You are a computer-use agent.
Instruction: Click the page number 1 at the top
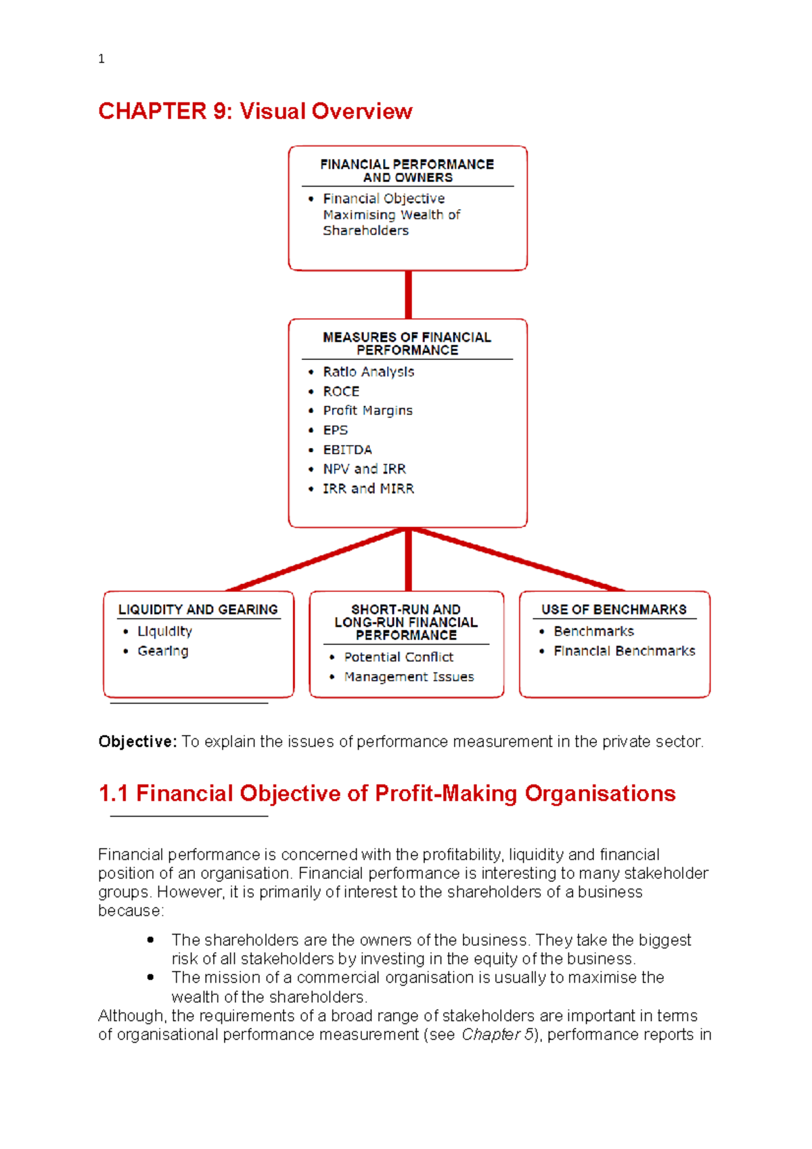pos(101,59)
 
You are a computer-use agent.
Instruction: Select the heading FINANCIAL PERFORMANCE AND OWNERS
pos(407,171)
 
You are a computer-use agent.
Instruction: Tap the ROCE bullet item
pos(341,391)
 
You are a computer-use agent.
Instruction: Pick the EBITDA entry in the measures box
pos(347,449)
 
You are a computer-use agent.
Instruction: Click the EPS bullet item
pos(335,430)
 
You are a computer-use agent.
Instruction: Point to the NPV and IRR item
pos(364,469)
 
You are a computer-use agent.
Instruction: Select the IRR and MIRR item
pos(368,489)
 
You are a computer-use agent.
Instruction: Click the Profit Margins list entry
pos(367,411)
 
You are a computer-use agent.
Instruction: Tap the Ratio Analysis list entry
pos(368,371)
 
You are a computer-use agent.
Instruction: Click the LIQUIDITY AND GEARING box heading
pos(198,610)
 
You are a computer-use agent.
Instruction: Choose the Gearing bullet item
pos(163,651)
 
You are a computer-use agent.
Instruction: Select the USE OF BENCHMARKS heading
pos(614,610)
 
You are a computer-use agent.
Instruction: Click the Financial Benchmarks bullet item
pos(624,651)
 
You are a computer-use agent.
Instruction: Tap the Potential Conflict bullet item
pos(399,657)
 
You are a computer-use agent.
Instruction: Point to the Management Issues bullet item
pos(409,677)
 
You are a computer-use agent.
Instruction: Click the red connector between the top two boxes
pos(408,294)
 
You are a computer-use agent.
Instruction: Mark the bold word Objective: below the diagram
pos(137,742)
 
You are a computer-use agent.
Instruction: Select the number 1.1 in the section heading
pos(113,793)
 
